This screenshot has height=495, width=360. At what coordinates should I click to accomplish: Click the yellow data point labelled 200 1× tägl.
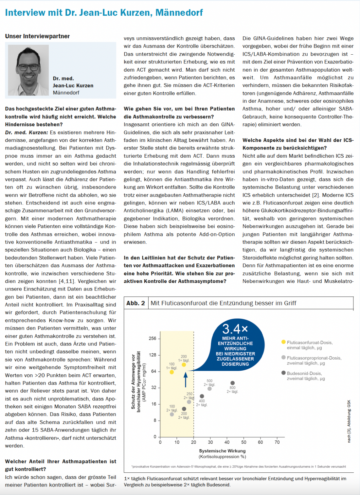tap(184, 364)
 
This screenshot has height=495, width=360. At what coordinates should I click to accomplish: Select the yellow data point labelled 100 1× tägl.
tap(172, 372)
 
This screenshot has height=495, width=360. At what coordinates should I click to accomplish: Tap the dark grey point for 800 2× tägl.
tap(232, 383)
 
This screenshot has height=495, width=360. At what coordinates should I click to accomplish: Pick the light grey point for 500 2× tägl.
tap(209, 389)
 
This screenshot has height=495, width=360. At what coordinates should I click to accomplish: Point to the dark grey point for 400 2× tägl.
tap(202, 396)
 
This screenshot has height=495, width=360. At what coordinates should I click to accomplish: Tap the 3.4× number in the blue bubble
tap(235, 329)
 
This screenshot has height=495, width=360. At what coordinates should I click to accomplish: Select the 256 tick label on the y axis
tap(153, 339)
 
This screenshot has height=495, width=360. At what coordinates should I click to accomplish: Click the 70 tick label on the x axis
tap(277, 442)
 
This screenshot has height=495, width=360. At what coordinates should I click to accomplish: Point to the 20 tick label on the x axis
tap(194, 442)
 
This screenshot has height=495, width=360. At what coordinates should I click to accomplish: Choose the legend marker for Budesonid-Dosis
tap(283, 373)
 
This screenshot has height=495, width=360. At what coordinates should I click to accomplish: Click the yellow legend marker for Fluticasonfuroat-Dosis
tap(283, 342)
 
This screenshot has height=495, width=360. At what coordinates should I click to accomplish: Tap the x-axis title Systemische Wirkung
tap(222, 451)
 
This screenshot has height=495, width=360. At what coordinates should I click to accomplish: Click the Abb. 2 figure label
tap(135, 303)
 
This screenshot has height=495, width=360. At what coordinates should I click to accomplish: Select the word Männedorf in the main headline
tap(179, 13)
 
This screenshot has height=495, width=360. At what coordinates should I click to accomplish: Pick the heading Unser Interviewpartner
tap(37, 36)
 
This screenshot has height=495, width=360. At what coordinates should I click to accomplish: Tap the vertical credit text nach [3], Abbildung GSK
tap(349, 421)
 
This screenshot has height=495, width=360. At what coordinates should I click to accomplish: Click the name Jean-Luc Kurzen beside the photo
tap(73, 86)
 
